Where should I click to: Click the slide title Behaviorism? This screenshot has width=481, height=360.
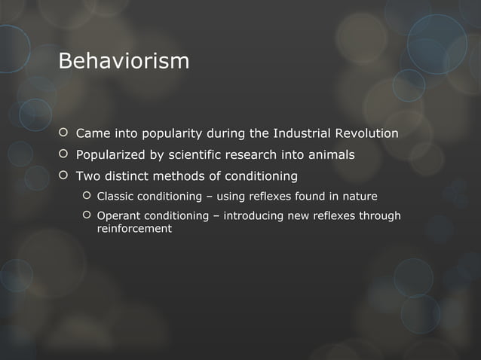tap(124, 60)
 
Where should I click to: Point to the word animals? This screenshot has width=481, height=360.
tap(329, 155)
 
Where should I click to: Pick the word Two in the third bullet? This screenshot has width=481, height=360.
tap(86, 176)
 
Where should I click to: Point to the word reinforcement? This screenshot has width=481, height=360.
tap(134, 228)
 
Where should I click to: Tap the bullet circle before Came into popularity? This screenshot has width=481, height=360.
tap(63, 134)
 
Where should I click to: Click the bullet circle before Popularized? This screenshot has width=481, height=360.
tap(63, 155)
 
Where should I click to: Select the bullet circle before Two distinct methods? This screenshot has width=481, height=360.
tap(63, 176)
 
